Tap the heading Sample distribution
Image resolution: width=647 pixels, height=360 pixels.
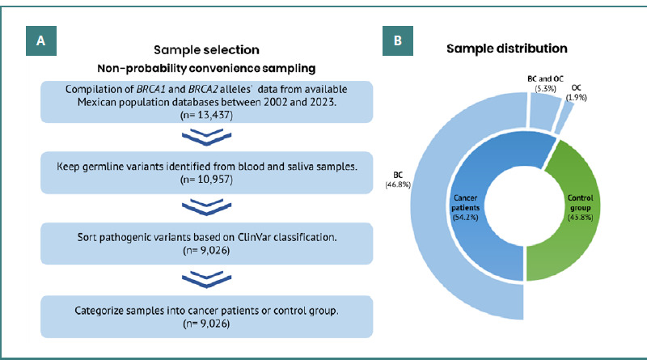[x=506, y=49]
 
